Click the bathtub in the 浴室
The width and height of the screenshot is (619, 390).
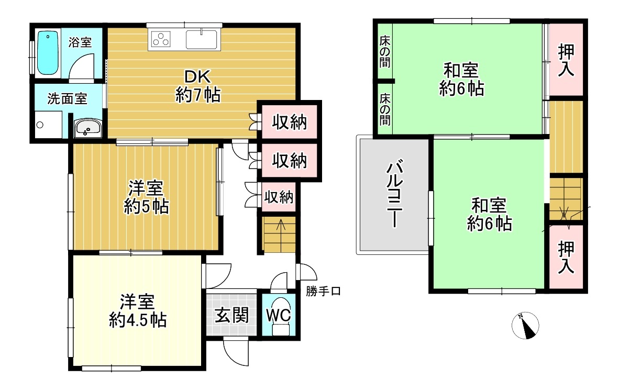(x=48, y=53)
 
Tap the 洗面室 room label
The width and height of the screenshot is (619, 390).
(x=67, y=98)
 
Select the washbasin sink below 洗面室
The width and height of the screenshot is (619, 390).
(x=88, y=128)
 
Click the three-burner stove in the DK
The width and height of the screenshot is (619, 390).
(x=161, y=40)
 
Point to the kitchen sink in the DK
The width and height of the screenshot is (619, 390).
(x=201, y=39)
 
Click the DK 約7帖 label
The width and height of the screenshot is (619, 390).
(x=198, y=86)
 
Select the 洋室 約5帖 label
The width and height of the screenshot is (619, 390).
(x=146, y=197)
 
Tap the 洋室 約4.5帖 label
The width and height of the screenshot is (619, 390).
(x=137, y=311)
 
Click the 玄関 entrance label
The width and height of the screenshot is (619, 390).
(x=231, y=315)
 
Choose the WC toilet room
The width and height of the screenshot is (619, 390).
(x=279, y=315)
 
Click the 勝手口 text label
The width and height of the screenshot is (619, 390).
(x=323, y=291)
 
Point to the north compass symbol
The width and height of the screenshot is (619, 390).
(x=525, y=326)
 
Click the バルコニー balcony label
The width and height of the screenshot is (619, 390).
(x=394, y=193)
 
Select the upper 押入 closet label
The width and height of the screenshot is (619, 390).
(x=566, y=60)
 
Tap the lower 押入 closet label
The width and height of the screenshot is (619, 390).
(x=566, y=258)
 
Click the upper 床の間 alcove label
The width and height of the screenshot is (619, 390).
(x=385, y=51)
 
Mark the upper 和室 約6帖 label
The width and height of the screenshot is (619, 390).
(x=461, y=80)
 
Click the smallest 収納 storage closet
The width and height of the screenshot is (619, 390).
(x=279, y=197)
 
